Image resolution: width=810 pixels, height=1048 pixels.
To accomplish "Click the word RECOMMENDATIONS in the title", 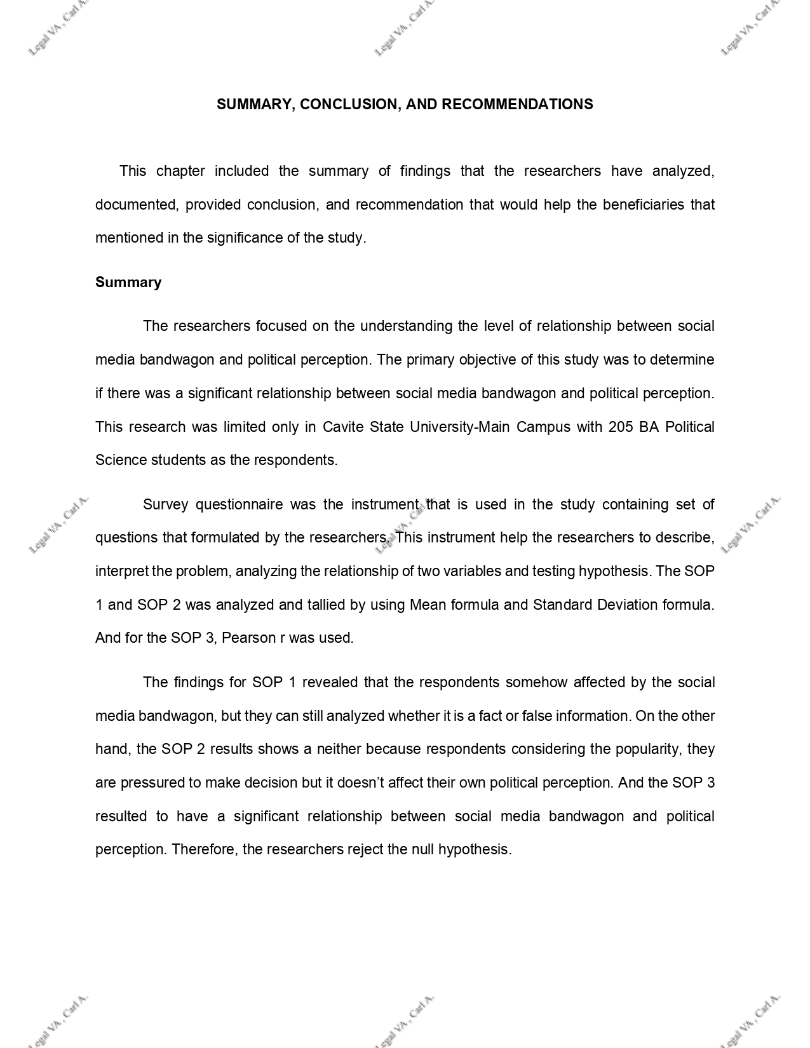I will (x=517, y=104).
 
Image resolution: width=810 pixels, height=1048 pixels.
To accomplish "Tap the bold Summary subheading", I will (x=128, y=282).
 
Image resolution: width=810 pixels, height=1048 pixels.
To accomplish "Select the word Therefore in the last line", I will (x=203, y=849).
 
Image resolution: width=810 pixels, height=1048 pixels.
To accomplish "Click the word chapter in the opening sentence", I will (x=180, y=171).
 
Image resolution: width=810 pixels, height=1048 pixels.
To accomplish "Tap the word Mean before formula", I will (x=428, y=604).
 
